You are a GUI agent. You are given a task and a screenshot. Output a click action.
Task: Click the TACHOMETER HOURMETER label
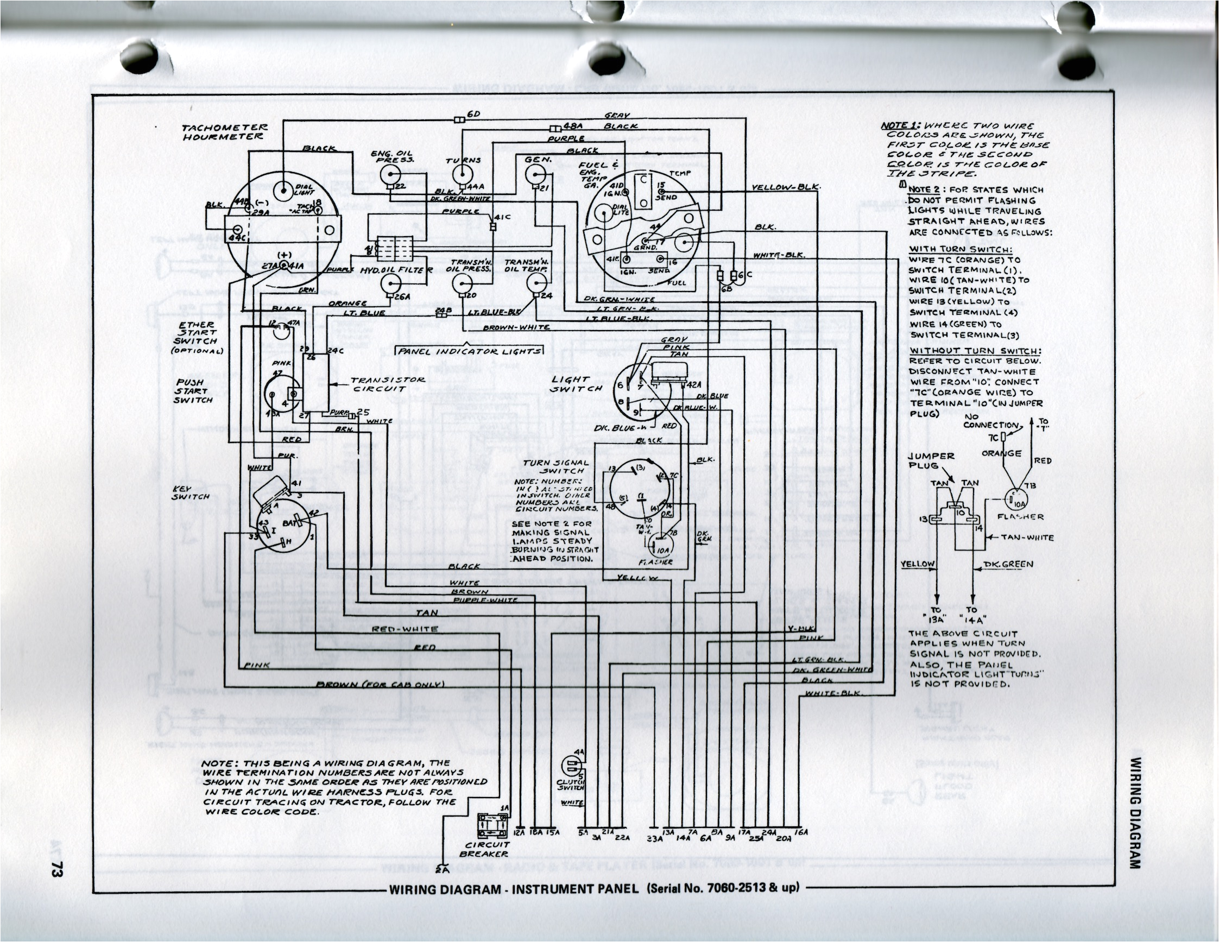[225, 132]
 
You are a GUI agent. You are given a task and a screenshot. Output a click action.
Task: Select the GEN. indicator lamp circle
[533, 176]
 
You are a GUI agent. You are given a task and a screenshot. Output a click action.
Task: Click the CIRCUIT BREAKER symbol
[492, 825]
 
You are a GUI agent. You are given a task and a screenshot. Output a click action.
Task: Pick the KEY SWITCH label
[191, 492]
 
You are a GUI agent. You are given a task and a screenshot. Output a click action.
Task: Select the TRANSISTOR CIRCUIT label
[387, 384]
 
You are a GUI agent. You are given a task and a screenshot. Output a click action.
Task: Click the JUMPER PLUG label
[932, 460]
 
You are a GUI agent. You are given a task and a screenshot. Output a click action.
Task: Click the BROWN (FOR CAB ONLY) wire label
[380, 684]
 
